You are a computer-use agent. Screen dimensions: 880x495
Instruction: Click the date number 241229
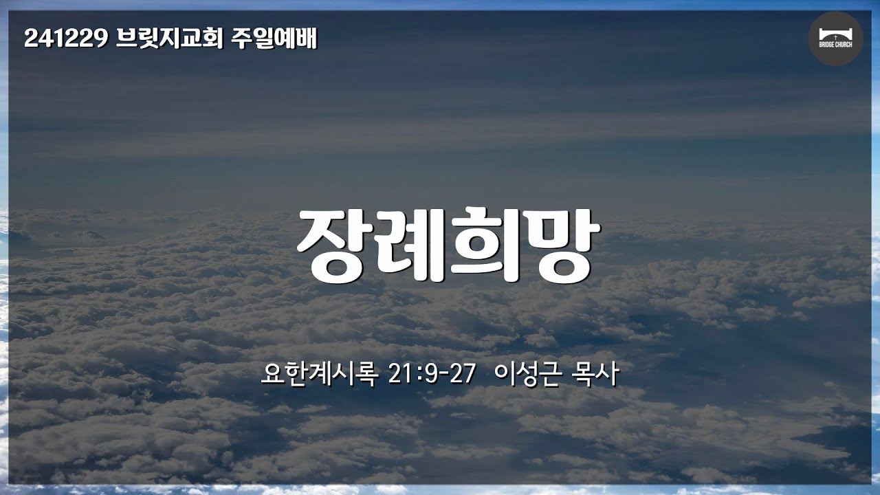[66, 38]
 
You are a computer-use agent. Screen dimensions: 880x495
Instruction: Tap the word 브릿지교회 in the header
[170, 38]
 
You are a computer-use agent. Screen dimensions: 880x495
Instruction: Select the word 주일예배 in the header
[274, 38]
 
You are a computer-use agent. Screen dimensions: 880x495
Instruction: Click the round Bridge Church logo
[835, 38]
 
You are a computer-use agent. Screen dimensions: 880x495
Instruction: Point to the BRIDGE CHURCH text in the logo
[835, 45]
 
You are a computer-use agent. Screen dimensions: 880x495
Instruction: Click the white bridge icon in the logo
[835, 34]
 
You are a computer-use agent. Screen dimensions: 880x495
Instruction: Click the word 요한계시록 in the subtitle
[320, 374]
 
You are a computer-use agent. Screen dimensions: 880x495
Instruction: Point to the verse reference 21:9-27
[432, 374]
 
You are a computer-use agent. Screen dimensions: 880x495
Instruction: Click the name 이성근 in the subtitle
[527, 374]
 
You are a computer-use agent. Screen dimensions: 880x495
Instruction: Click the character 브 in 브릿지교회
[126, 38]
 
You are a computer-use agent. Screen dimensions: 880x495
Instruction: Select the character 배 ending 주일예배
[307, 38]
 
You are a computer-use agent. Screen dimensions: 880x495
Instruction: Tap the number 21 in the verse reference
[399, 374]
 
